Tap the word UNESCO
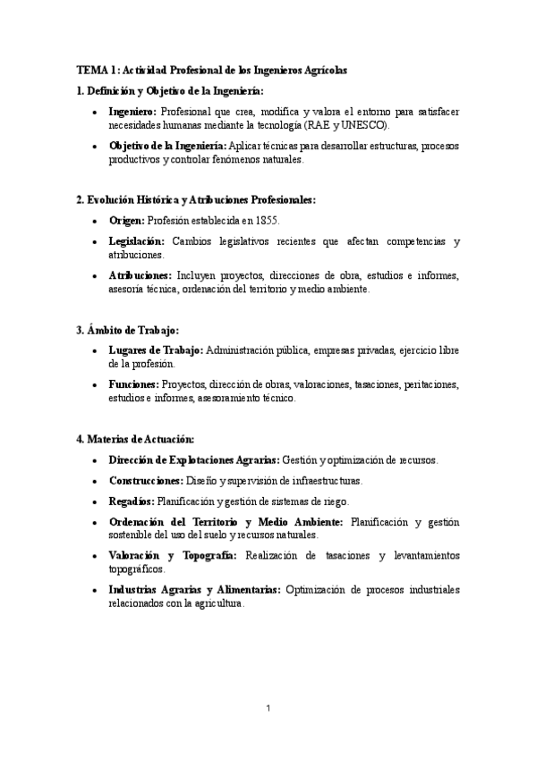tap(369, 125)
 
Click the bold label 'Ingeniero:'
tap(132, 112)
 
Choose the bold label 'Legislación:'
tap(137, 241)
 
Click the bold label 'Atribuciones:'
tap(140, 276)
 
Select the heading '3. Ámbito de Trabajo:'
tap(128, 330)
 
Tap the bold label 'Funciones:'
tap(134, 385)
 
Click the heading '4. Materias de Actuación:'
tap(135, 439)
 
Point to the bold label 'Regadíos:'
tap(132, 501)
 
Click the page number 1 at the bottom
tap(268, 708)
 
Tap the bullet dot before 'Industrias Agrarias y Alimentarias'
tap(96, 591)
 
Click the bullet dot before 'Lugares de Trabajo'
tap(96, 351)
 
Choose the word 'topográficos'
tap(136, 568)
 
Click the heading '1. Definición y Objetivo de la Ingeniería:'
tap(170, 90)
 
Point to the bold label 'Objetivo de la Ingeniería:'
tap(167, 146)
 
